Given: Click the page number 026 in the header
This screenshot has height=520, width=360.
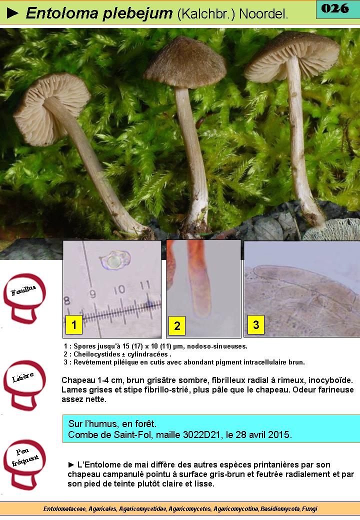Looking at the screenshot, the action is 335,8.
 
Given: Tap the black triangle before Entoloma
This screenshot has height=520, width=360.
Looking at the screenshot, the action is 12,13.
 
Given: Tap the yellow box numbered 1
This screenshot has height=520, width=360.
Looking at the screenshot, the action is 73,324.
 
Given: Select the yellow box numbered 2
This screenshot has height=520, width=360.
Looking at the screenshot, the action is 177,325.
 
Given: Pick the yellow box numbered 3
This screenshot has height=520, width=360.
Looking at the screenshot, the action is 256,324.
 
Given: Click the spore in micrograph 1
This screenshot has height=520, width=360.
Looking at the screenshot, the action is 115,260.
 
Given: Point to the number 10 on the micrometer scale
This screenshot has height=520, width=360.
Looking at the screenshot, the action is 119,290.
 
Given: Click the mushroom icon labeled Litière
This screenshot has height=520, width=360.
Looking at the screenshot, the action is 24,385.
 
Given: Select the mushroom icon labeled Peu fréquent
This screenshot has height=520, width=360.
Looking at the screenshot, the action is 24,464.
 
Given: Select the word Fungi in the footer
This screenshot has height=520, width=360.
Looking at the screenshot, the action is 309,508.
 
